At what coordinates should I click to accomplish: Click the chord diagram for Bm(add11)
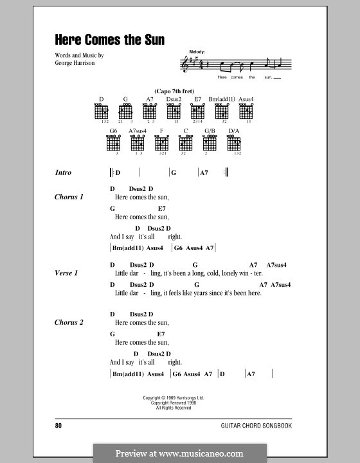(x=222, y=113)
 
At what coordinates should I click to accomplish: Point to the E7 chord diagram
(x=198, y=113)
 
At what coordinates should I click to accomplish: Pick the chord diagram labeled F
(x=162, y=145)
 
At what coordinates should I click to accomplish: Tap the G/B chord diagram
(x=210, y=145)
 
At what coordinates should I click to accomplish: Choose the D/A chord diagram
(x=234, y=145)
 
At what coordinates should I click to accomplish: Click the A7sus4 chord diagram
(x=138, y=145)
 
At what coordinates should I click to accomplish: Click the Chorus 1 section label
(x=69, y=197)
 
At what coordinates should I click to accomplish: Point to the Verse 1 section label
(x=67, y=273)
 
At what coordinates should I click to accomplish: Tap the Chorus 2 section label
(x=69, y=323)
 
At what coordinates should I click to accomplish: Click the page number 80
(x=59, y=425)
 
